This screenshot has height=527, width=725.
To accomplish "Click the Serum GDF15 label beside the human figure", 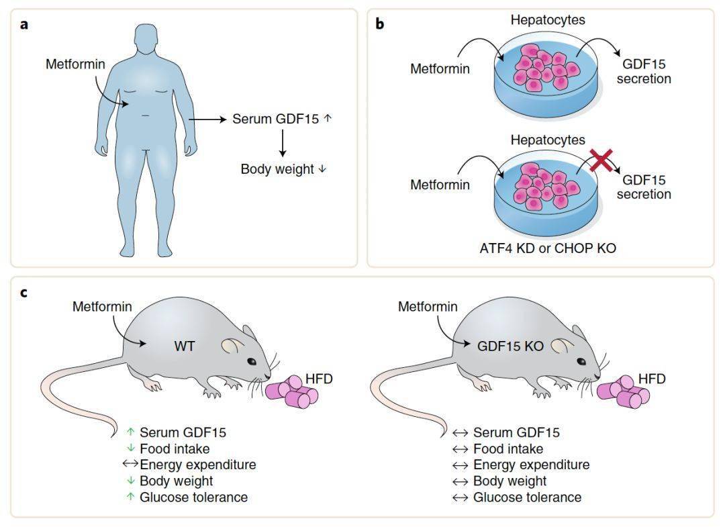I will click(x=277, y=119).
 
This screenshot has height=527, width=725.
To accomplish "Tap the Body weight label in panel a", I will click(x=277, y=169).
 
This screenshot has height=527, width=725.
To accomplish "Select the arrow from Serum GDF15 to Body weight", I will click(x=283, y=143).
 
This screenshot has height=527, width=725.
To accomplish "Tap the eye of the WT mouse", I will click(x=251, y=361).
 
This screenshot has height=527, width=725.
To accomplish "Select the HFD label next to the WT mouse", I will click(x=318, y=379).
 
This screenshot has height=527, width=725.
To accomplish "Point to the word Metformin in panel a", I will click(x=75, y=64).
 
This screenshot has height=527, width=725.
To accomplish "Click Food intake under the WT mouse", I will click(x=175, y=448).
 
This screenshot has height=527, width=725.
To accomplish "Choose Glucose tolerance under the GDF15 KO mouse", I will click(x=527, y=497).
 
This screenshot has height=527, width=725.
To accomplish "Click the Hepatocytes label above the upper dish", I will click(x=547, y=19).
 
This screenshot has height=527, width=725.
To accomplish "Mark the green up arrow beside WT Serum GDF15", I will click(x=132, y=432).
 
